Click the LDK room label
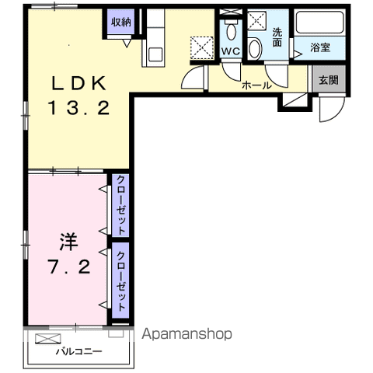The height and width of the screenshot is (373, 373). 79,83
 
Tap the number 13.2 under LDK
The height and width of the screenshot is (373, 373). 78,108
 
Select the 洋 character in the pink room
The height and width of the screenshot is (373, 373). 68,242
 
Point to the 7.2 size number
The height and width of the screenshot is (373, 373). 70,267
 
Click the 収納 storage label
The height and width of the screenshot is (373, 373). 121,23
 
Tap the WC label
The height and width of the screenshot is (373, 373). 231,51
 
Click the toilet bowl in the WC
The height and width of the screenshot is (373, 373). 231,31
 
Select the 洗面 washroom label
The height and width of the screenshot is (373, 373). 277,37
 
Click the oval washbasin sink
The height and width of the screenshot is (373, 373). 255,49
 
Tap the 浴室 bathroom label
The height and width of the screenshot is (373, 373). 320,47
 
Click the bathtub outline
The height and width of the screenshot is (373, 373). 320,23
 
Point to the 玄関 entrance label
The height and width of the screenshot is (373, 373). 329,80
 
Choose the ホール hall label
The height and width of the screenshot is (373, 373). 256,85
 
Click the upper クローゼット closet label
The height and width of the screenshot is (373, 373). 120,205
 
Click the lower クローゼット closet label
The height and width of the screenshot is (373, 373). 120,281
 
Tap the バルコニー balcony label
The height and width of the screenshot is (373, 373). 79,351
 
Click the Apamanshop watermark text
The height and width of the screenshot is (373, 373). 186,334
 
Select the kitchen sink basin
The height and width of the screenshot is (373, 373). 155,54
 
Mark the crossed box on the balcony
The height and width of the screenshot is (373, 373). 48,339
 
